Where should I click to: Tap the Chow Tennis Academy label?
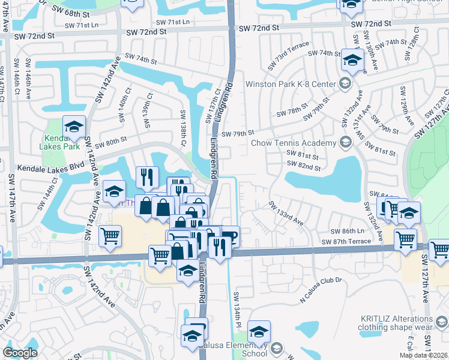click(x=294, y=143)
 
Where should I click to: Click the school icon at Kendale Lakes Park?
click(x=74, y=127)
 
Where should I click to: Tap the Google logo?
click(x=20, y=353)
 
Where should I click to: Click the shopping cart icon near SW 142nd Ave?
click(x=110, y=237)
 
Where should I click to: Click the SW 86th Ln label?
click(x=347, y=231)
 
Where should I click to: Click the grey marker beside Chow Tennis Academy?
click(x=345, y=143)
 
